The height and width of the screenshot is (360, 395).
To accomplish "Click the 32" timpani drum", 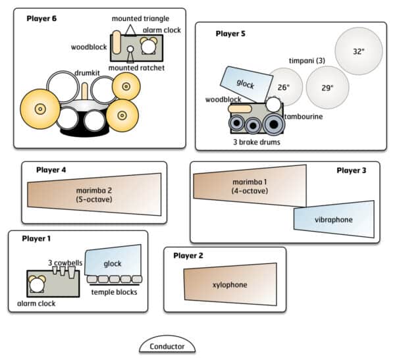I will click(x=358, y=51).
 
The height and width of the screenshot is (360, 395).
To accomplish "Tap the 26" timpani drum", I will click(x=284, y=87).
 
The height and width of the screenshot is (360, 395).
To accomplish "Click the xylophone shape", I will click(x=230, y=284).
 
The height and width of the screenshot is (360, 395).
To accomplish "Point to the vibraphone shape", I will click(x=334, y=219).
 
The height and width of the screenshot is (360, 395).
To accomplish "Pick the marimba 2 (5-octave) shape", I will click(x=95, y=195).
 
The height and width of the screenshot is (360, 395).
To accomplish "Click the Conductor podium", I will click(x=167, y=346).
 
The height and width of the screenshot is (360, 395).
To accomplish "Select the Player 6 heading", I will click(x=41, y=18).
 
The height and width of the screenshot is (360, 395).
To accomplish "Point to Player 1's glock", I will click(x=113, y=263).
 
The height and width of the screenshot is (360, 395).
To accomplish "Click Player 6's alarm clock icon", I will click(x=149, y=45).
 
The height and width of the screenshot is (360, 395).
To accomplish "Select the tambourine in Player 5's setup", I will click(x=273, y=105).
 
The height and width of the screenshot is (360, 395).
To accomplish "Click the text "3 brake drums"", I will click(x=253, y=141).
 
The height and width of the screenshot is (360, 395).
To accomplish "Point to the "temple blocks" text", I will click(x=114, y=292).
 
